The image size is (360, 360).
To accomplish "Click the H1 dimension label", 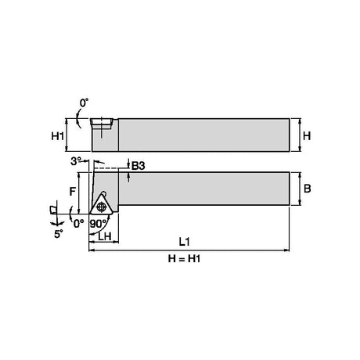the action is pyautogui.click(x=57, y=136).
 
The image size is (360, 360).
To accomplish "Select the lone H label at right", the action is pyautogui.click(x=307, y=136).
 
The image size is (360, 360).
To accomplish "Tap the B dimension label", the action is pyautogui.click(x=308, y=189).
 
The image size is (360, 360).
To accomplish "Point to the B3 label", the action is pyautogui.click(x=139, y=166).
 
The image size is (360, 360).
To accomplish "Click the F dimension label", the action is pyautogui.click(x=73, y=192).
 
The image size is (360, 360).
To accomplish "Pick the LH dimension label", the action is pyautogui.click(x=105, y=236).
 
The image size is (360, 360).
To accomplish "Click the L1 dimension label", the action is pyautogui.click(x=184, y=242).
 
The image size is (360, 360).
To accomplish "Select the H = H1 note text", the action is pyautogui.click(x=184, y=259).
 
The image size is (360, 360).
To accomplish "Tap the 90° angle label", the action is pyautogui.click(x=98, y=224).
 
